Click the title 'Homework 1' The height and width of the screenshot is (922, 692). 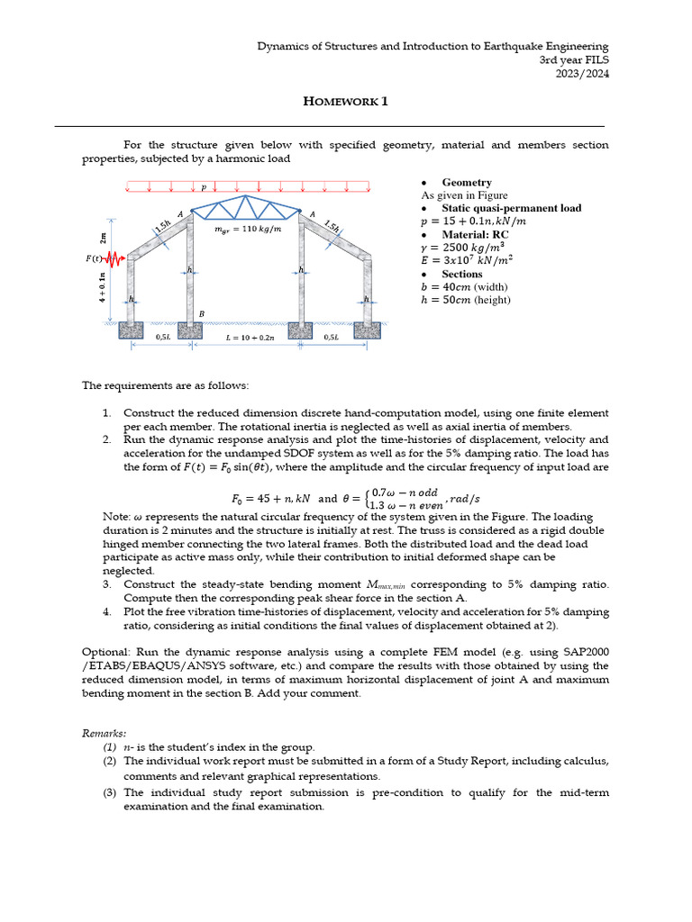click(x=345, y=102)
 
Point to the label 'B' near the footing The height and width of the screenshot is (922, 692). click(x=202, y=313)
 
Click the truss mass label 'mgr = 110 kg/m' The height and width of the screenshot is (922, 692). click(x=247, y=230)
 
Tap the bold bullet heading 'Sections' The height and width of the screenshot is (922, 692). click(x=462, y=274)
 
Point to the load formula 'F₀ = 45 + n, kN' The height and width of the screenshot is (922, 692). click(x=266, y=498)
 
